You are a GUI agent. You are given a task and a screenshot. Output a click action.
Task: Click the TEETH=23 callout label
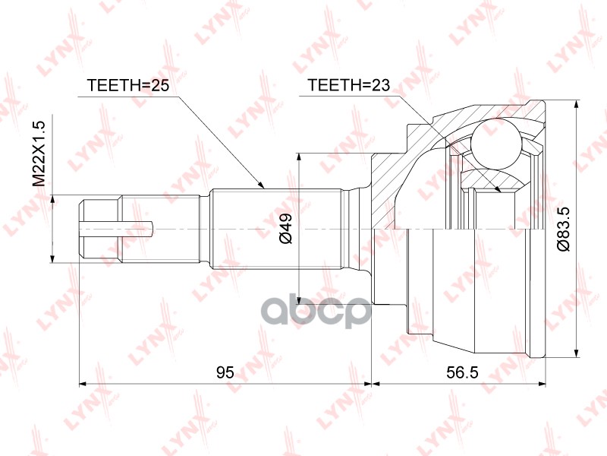coord(348,85)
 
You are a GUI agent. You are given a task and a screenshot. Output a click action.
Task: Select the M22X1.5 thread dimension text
coord(41,151)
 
